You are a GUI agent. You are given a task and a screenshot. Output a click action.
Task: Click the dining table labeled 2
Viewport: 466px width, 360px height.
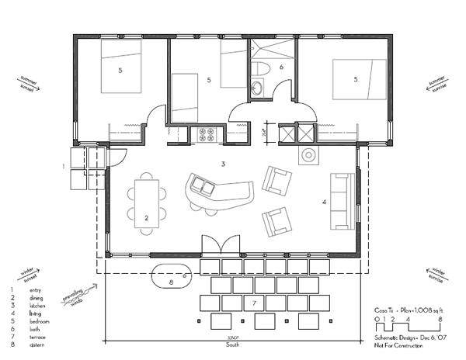click(x=146, y=200)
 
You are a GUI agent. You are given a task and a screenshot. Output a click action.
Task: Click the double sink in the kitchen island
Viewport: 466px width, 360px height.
click(x=203, y=186)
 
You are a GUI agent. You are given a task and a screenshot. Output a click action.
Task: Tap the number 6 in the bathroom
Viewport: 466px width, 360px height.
click(x=282, y=67)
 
